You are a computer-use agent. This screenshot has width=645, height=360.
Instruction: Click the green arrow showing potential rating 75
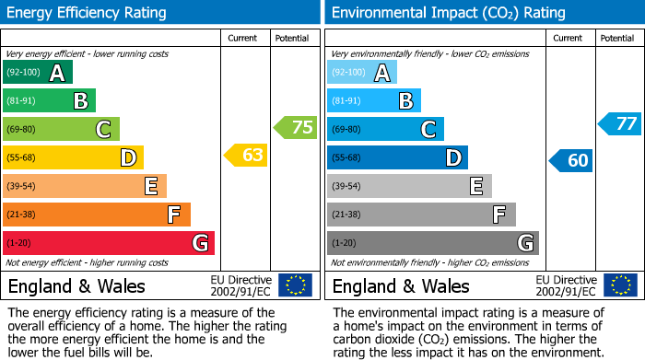[x=296, y=127]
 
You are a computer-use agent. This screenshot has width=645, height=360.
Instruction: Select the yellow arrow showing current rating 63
[x=246, y=156]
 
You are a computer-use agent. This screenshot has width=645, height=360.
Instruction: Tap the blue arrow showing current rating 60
[x=570, y=160]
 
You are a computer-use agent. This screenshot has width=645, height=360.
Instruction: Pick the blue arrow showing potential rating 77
[x=619, y=123]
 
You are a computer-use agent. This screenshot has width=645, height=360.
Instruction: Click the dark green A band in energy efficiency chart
[x=37, y=73]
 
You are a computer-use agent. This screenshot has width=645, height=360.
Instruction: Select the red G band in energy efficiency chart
[x=108, y=243]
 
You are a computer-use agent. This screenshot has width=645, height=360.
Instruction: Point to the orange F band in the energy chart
[x=96, y=215]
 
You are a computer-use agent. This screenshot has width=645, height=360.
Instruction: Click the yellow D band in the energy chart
[x=73, y=157]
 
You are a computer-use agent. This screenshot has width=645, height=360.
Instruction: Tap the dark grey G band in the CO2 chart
[x=432, y=243]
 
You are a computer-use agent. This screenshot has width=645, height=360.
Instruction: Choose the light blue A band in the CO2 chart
[x=362, y=73]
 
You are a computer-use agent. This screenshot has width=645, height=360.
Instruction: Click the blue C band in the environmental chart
[x=385, y=129]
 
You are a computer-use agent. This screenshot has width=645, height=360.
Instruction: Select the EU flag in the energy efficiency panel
[x=295, y=285]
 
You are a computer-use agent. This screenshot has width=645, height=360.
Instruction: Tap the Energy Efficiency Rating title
[x=88, y=13]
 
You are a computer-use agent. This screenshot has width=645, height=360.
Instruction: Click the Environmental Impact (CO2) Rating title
[x=448, y=13]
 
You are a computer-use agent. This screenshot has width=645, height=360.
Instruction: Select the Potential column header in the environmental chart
[x=616, y=38]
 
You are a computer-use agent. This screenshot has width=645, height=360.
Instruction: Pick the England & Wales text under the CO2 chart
[x=400, y=285]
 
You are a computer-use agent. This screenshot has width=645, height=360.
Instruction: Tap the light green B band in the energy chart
[x=49, y=101]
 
